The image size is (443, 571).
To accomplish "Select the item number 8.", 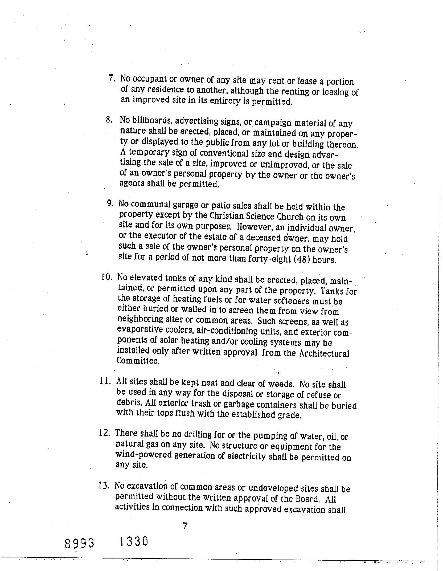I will pos(109,120).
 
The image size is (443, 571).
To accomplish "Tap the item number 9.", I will pos(110,203).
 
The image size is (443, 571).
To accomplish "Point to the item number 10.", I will pos(106,277).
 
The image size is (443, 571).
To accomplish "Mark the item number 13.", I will pos(104,486).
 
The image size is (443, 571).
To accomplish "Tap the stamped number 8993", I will pos(79,543).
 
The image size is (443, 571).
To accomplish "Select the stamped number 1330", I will pos(134,541).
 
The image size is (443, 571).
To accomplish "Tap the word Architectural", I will pos(324,353).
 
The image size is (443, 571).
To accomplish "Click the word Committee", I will pos(138,361).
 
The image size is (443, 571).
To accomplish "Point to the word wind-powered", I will pos(143,455).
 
